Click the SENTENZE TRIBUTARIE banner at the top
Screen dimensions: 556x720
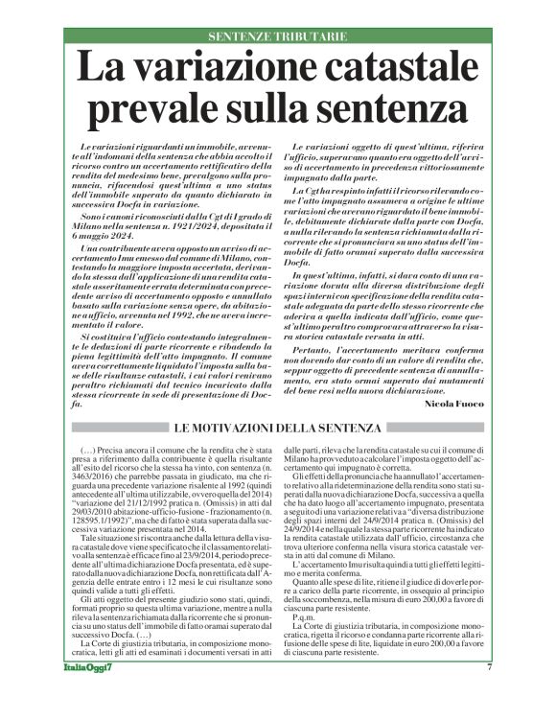coord(278,36)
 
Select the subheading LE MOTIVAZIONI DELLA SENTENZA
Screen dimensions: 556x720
coord(278,428)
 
